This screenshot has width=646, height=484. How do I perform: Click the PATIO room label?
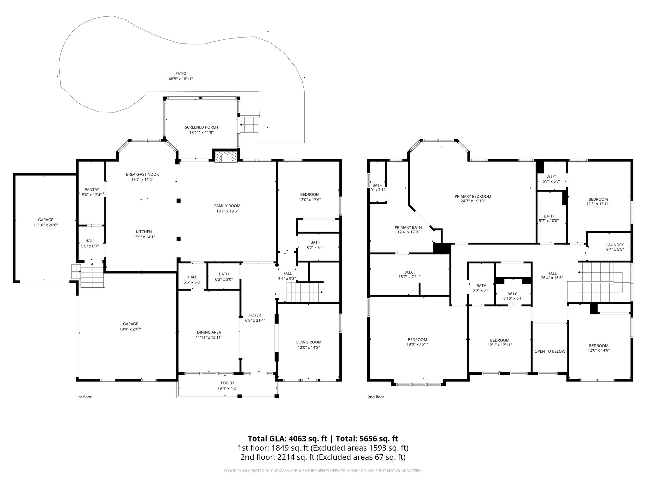[181, 73]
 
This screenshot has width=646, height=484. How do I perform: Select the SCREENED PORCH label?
[201, 127]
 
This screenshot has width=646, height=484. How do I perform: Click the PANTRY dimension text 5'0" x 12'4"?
[92, 195]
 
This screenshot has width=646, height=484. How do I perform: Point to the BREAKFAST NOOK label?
[142, 174]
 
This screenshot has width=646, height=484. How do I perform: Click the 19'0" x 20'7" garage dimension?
[131, 329]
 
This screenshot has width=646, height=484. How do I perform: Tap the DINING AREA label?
[209, 332]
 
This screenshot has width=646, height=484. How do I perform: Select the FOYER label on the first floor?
[255, 315]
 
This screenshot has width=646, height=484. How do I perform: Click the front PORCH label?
[227, 383]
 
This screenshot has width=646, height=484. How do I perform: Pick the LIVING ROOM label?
[308, 342]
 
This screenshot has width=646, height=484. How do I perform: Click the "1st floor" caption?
[84, 397]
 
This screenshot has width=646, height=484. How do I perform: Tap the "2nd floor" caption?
[376, 397]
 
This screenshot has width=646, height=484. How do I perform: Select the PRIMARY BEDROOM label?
[473, 196]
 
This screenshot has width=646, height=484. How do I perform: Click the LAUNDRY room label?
[615, 245]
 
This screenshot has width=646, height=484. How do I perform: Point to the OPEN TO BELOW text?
[550, 351]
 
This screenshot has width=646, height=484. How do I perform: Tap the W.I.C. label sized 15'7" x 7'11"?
[409, 272]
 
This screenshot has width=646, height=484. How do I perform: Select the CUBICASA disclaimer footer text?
[323, 471]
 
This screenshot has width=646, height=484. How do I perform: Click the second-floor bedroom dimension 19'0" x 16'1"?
[417, 344]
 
